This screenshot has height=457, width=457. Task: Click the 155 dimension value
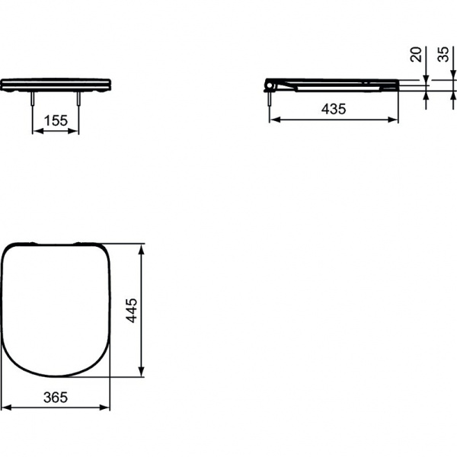pyautogui.click(x=56, y=120)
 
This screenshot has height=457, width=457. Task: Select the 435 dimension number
pyautogui.click(x=334, y=109)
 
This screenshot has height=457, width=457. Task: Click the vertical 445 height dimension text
pyautogui.click(x=130, y=310)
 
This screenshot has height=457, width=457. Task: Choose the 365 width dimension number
pyautogui.click(x=56, y=397)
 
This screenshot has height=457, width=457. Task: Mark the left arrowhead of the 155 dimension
pyautogui.click(x=36, y=131)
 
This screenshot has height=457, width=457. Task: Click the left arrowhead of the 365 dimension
pyautogui.click(x=5, y=408)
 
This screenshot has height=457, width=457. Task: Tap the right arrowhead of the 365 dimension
pyautogui.click(x=107, y=408)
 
